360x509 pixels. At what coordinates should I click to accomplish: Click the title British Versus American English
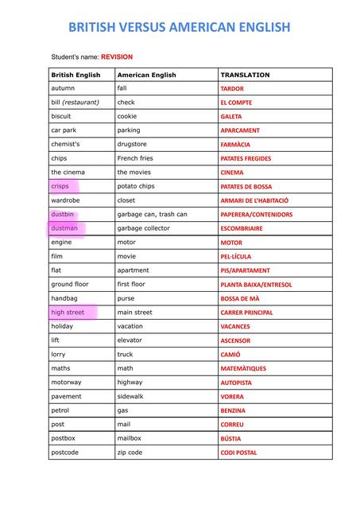180,28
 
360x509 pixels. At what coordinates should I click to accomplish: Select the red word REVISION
116,57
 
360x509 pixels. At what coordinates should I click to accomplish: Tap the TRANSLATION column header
245,75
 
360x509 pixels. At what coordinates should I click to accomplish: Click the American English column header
146,75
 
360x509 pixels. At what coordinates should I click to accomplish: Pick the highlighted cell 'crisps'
60,186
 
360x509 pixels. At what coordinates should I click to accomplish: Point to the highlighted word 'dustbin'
63,214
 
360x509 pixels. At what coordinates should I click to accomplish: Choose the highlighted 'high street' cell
68,313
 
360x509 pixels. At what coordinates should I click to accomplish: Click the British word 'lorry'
59,355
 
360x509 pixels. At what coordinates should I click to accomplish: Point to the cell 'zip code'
130,453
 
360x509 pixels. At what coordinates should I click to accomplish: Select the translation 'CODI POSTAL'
238,453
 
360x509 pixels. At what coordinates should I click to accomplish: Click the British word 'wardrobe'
65,200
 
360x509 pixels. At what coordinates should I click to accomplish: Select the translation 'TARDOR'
232,89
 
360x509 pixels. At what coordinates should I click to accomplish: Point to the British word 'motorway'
66,383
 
